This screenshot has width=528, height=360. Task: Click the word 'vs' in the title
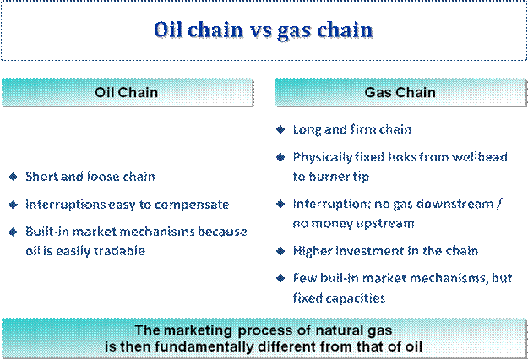(260, 30)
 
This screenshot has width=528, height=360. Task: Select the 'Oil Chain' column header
(128, 93)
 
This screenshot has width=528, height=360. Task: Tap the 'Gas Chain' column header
(400, 93)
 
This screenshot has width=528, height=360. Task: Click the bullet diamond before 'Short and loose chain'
(14, 177)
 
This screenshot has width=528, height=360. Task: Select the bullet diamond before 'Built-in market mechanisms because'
(14, 232)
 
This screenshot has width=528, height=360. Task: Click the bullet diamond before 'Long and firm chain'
(280, 129)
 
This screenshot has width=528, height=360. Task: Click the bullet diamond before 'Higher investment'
(280, 251)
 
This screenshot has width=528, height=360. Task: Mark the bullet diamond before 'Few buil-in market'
(280, 278)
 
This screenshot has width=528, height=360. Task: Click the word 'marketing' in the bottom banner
(198, 330)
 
